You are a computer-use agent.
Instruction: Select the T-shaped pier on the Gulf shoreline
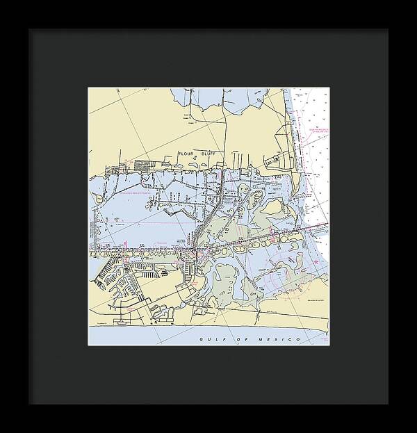[125, 322]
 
